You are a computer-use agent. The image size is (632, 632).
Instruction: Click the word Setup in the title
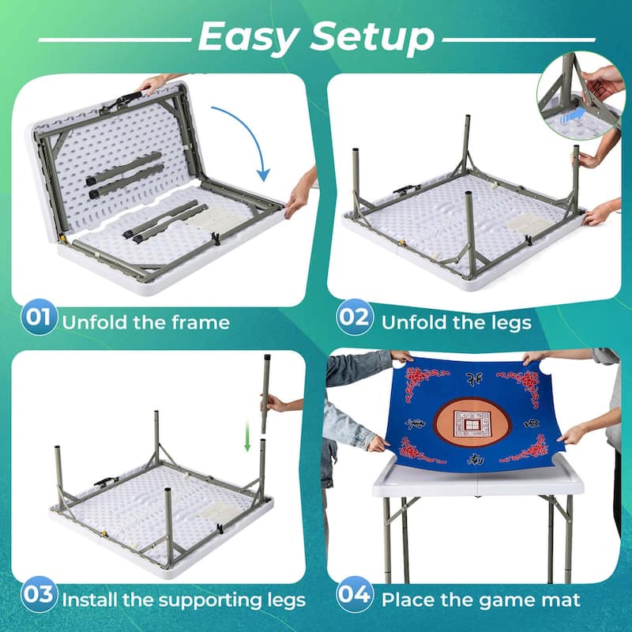click(x=371, y=36)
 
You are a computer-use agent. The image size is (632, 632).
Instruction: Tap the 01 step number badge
click(x=39, y=319)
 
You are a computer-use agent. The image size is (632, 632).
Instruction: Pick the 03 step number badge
click(x=39, y=598)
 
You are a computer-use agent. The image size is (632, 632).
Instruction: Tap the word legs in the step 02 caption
click(x=506, y=322)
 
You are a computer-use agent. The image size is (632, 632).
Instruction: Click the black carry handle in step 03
click(x=105, y=481)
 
